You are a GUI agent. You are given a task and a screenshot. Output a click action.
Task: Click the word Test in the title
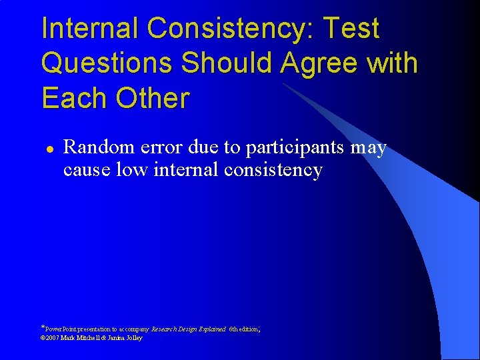pyautogui.click(x=351, y=29)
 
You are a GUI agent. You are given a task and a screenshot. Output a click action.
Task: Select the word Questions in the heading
pyautogui.click(x=107, y=64)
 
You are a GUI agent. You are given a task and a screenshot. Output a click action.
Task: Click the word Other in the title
pyautogui.click(x=153, y=98)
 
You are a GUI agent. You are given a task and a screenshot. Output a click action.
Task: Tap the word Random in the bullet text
pyautogui.click(x=97, y=147)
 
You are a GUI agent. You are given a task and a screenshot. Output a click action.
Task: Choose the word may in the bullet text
pyautogui.click(x=369, y=148)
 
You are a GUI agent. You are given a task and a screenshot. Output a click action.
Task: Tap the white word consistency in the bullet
pyautogui.click(x=273, y=170)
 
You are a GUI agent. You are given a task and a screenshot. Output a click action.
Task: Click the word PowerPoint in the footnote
pyautogui.click(x=62, y=329)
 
